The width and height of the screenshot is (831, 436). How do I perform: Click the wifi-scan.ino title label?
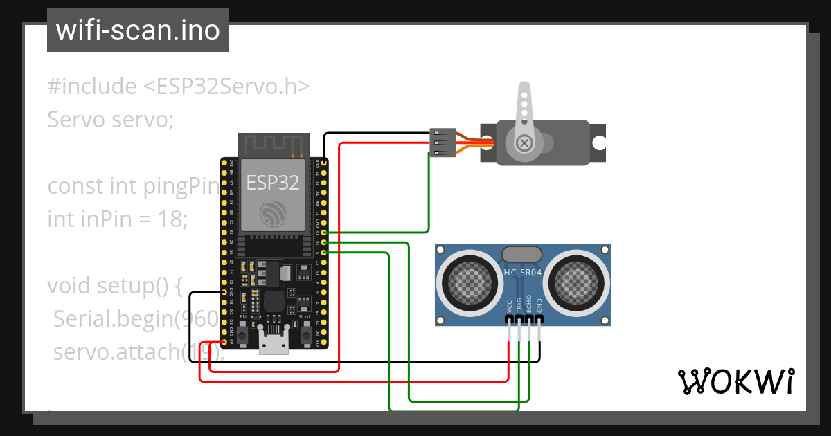pos(138,30)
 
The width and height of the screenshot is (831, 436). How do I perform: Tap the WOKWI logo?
pos(735,381)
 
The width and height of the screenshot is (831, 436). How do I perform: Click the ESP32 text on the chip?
pos(273,182)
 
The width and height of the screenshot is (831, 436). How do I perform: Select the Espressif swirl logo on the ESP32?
pos(273,214)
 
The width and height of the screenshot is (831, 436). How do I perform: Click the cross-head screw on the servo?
pos(525,143)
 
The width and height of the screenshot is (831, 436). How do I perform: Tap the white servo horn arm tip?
pos(524,90)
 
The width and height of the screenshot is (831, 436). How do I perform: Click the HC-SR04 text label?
pos(524,272)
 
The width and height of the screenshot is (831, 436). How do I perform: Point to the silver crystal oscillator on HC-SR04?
pos(523,254)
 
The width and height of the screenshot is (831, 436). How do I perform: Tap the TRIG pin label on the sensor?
pos(519,305)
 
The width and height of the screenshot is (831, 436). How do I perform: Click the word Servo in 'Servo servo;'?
pos(73,120)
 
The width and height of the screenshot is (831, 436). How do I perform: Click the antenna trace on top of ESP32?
pos(273,145)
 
